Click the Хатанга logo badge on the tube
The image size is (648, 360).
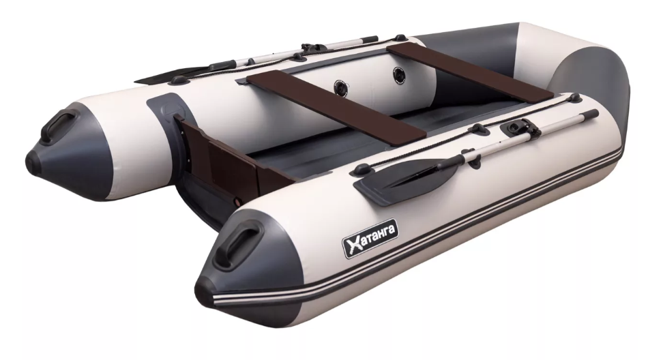pyautogui.click(x=370, y=239)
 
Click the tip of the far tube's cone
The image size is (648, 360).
pyautogui.click(x=32, y=159)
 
